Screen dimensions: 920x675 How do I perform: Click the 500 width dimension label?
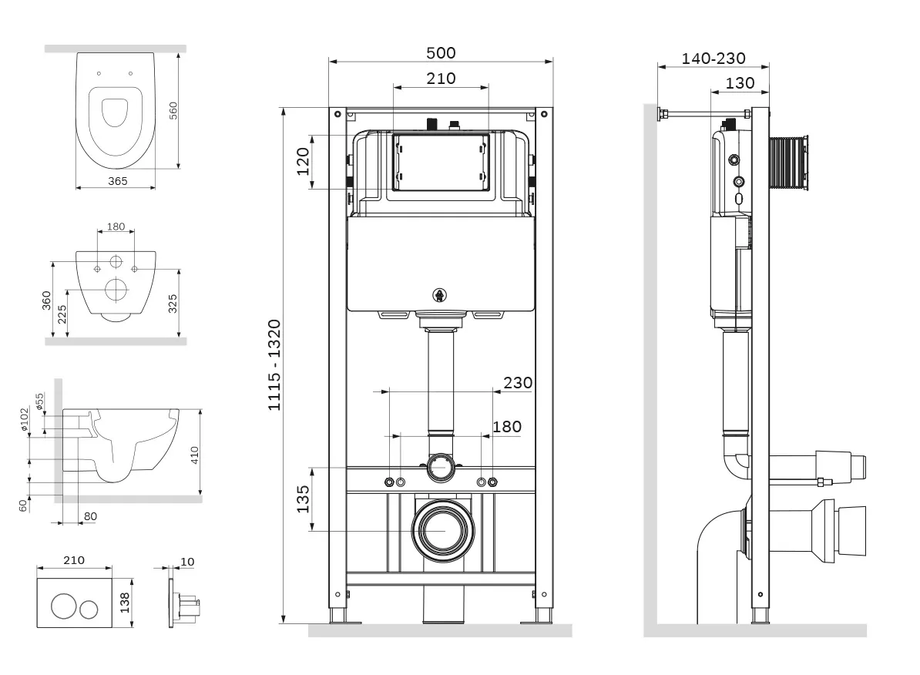(441, 53)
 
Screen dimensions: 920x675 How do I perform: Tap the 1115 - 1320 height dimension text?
(274, 365)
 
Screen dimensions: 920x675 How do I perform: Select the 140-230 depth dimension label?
(714, 59)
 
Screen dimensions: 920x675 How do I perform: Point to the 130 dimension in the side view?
(740, 83)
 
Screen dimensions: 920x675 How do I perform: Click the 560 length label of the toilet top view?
(173, 110)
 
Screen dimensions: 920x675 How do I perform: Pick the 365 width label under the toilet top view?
(117, 181)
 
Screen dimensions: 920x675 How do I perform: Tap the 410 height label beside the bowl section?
(194, 455)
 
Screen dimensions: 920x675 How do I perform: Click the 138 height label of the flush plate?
(125, 603)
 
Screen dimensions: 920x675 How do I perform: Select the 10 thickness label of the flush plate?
(187, 562)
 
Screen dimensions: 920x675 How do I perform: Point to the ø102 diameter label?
(24, 419)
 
